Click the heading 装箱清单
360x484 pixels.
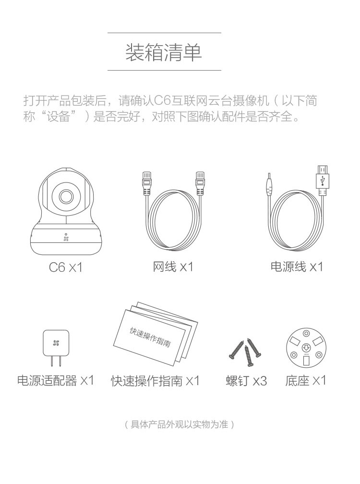tap(164, 52)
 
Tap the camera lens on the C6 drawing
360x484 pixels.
tap(66, 196)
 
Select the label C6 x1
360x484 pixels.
tap(66, 267)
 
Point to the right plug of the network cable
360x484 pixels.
tap(201, 184)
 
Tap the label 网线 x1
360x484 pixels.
tap(173, 266)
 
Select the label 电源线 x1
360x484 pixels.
tap(297, 266)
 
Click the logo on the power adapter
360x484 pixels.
tap(56, 343)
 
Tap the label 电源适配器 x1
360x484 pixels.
tap(56, 380)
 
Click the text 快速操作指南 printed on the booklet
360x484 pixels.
tap(150, 338)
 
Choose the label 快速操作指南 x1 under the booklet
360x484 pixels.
tap(156, 381)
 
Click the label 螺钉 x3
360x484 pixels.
tap(246, 381)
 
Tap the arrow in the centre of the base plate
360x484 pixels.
tap(306, 347)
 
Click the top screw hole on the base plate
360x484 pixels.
tap(306, 333)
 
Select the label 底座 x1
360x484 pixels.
tap(306, 380)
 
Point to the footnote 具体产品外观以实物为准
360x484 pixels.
tap(179, 424)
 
